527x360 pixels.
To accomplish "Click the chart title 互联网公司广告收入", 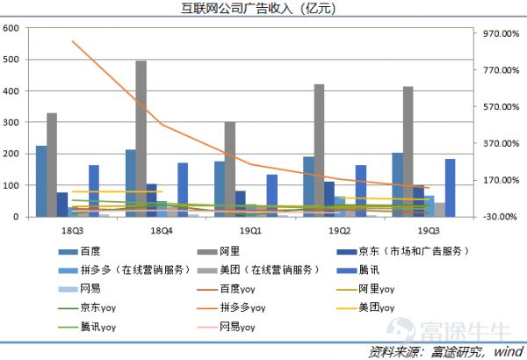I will click(263, 10).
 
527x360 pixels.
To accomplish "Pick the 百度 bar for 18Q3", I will click(41, 181).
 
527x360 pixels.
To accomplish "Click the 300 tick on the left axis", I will click(12, 122).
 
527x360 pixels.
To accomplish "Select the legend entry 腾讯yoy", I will click(97, 327).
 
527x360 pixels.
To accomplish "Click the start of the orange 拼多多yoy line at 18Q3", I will click(73, 41).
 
